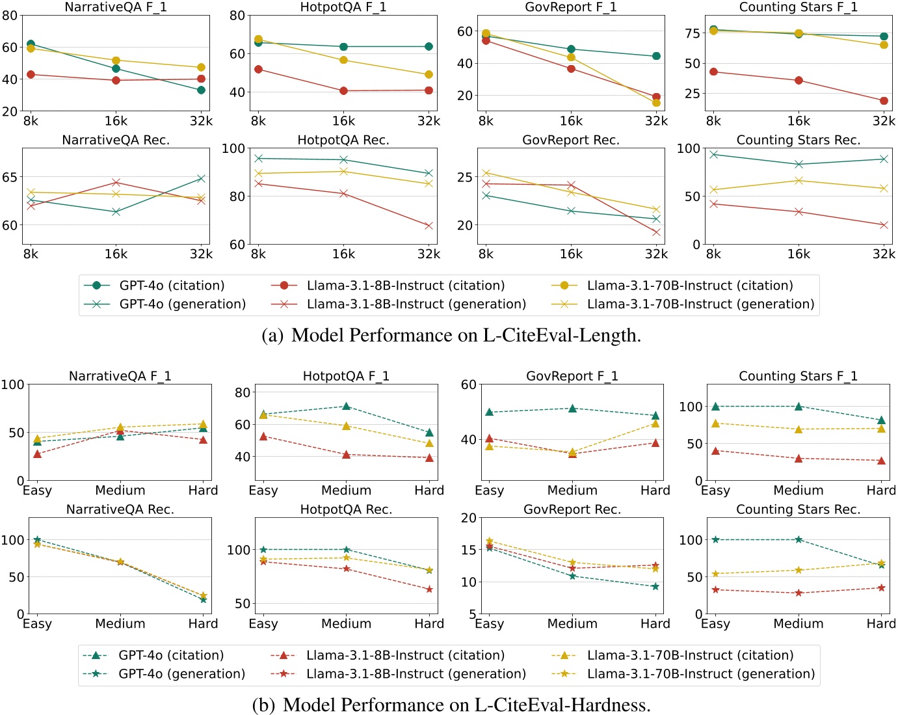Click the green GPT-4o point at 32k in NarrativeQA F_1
[201, 90]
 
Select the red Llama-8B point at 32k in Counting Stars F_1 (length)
[884, 101]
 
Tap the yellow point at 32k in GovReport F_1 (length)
[656, 103]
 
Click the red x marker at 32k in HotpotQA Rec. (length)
[429, 226]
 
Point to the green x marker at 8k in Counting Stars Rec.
[713, 154]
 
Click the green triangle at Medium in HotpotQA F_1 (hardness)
[346, 407]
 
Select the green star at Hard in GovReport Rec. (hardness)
[655, 586]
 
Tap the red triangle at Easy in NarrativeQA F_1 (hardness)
[37, 454]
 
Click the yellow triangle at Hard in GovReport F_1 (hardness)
[655, 424]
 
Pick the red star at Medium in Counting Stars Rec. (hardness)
[799, 593]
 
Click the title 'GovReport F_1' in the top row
[571, 7]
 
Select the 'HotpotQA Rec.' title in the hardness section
[346, 509]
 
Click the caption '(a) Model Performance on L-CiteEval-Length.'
[451, 335]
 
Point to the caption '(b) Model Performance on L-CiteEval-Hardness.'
[451, 705]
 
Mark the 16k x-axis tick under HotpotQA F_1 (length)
[343, 121]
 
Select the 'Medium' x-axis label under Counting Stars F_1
[798, 491]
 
